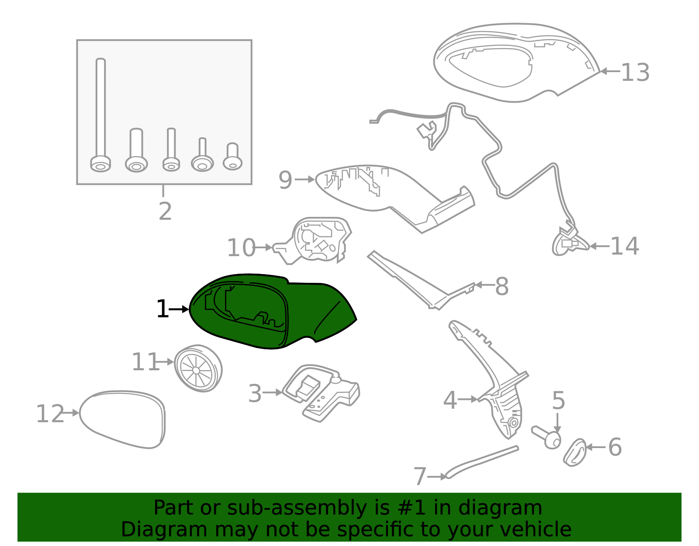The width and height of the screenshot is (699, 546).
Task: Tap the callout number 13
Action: [x=635, y=73]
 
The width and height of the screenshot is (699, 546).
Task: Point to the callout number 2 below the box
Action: [x=165, y=212]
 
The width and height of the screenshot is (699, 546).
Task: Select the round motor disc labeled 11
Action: [x=198, y=369]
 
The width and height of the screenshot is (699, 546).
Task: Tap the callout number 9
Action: [x=285, y=180]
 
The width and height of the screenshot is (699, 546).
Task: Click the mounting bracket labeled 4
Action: [x=502, y=393]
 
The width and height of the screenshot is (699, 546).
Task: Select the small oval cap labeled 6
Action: [x=574, y=452]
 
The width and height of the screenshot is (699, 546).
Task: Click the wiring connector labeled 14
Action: [x=568, y=243]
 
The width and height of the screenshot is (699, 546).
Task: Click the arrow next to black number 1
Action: [x=179, y=309]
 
